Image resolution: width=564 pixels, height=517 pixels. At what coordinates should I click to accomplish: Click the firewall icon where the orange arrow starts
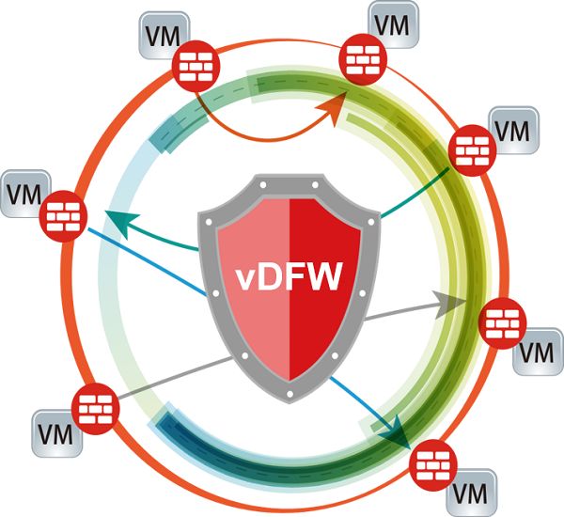click(x=197, y=66)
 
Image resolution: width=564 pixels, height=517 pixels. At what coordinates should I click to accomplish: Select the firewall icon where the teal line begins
click(x=468, y=149)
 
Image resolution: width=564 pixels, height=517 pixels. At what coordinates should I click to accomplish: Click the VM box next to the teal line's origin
click(x=513, y=128)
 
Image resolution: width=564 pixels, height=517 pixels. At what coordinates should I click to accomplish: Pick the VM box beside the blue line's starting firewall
click(x=25, y=193)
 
